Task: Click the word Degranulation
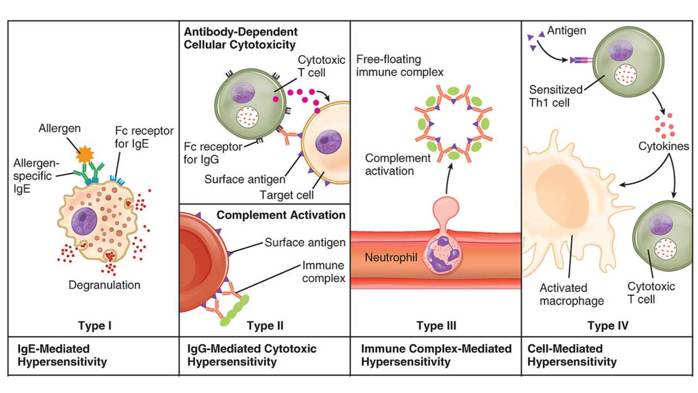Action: (x=104, y=285)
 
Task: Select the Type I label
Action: (x=94, y=326)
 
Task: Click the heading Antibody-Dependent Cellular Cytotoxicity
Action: (x=240, y=38)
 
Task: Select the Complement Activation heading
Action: (x=281, y=215)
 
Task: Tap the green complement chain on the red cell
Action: (x=235, y=312)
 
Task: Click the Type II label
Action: (x=265, y=326)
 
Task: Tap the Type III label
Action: (x=436, y=326)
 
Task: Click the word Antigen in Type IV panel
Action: (x=566, y=31)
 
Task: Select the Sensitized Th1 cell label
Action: (x=556, y=96)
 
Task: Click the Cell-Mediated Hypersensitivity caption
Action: (x=572, y=355)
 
